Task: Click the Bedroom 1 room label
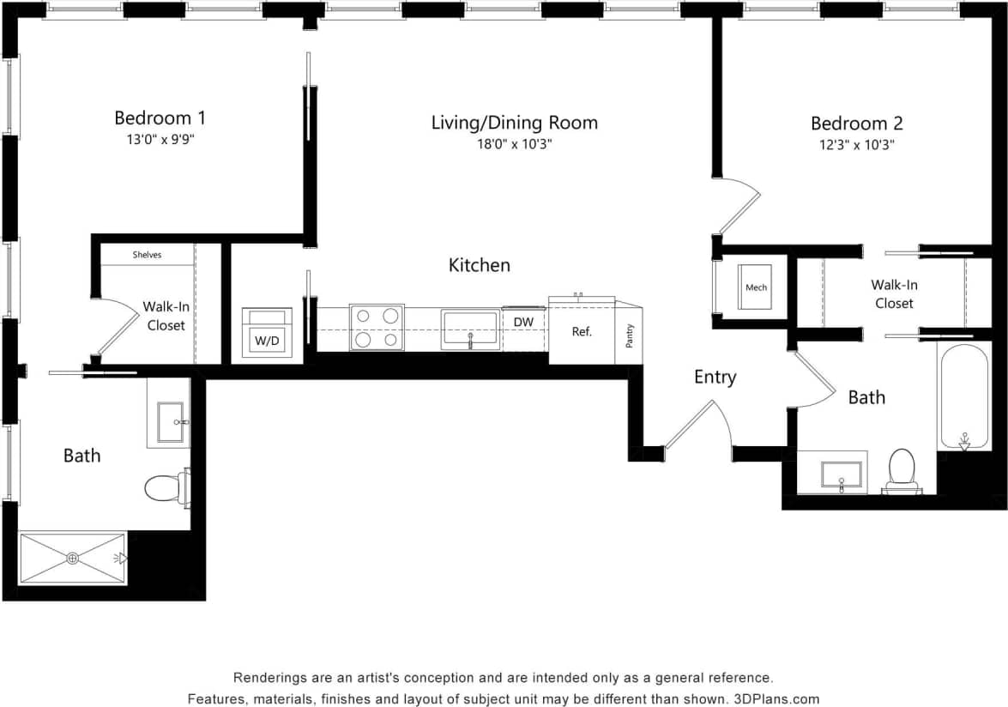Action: click(160, 118)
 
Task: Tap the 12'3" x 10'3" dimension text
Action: click(856, 145)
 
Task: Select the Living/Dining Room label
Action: click(514, 123)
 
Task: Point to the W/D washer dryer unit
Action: click(266, 330)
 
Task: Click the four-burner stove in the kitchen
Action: click(377, 328)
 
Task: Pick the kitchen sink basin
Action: click(469, 329)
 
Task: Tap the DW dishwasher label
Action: click(524, 322)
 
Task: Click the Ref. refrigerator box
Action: click(582, 331)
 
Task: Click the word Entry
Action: click(715, 378)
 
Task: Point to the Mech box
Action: click(756, 287)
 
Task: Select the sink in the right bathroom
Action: click(841, 474)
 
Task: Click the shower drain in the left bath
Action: click(73, 559)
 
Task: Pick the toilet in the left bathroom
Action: click(166, 487)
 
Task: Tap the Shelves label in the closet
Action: click(147, 255)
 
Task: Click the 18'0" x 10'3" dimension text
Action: click(514, 145)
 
